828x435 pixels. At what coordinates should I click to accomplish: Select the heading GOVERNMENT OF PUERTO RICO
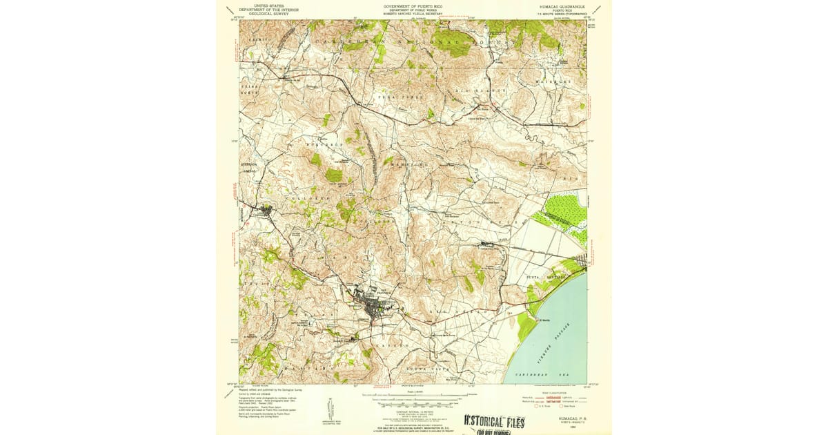coord(413,6)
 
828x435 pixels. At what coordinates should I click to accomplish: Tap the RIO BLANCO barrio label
coord(491,90)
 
